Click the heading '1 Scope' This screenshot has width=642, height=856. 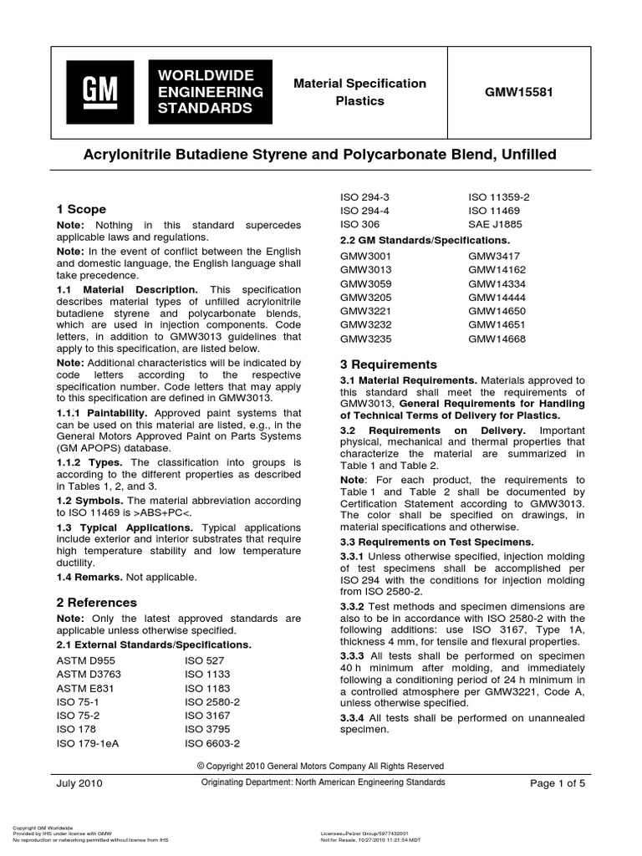pyautogui.click(x=80, y=209)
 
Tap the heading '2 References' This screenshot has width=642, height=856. pyautogui.click(x=97, y=602)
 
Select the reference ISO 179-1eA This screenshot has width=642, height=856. pyautogui.click(x=87, y=742)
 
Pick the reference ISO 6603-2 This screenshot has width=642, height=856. pyautogui.click(x=212, y=742)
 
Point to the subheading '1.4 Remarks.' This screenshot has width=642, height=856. pyautogui.click(x=92, y=577)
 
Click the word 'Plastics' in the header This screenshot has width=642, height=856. pyautogui.click(x=359, y=100)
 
